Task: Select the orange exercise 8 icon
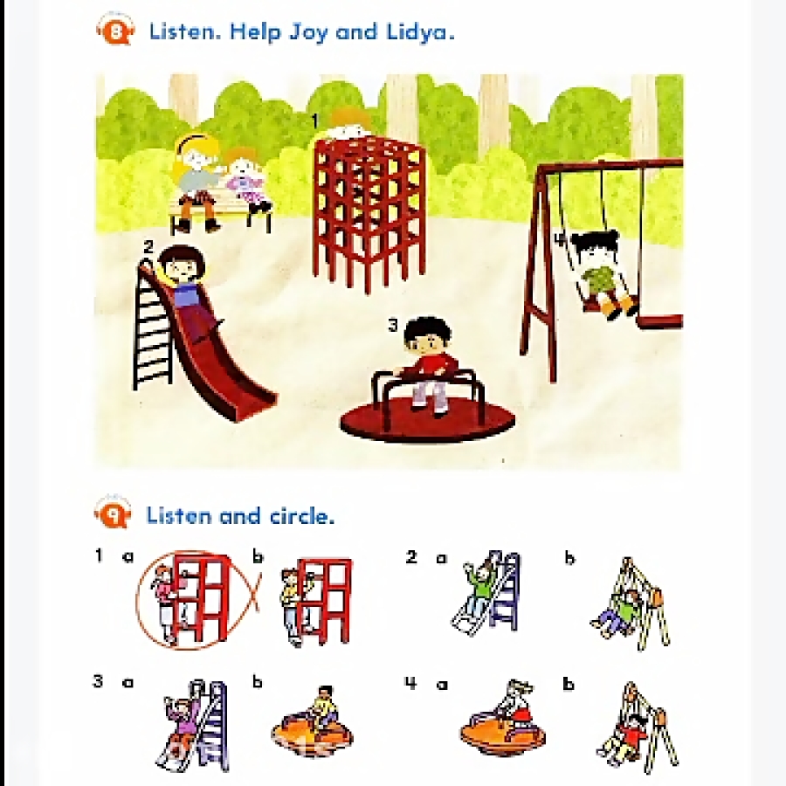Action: coord(115,30)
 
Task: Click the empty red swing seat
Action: coord(661,321)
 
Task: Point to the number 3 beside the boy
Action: coord(394,326)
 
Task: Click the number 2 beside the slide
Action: coord(148,247)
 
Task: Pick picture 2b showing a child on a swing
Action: coord(630,603)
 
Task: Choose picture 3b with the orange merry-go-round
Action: coord(313,722)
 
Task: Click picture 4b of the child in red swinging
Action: coord(637,727)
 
